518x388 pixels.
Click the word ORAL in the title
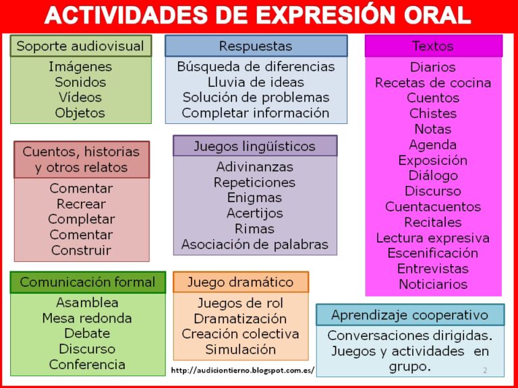(433, 15)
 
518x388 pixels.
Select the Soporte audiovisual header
(81, 46)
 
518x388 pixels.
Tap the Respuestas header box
(256, 46)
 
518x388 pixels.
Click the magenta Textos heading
(434, 46)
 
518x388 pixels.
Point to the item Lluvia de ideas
(256, 82)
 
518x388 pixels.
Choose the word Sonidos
(80, 82)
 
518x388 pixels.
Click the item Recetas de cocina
(433, 83)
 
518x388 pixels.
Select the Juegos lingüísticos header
(255, 145)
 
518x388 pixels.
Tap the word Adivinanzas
(255, 167)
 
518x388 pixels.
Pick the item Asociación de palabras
(255, 245)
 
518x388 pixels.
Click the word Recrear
(81, 204)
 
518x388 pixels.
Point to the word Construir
(81, 251)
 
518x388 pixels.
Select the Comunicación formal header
(88, 282)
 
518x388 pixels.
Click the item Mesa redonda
(87, 319)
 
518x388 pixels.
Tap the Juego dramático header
(241, 282)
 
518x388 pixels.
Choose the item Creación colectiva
(241, 334)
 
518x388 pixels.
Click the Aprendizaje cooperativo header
(410, 315)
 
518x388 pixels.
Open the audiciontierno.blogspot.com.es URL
(243, 370)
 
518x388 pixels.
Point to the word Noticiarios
(433, 284)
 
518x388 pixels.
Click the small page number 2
(485, 370)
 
